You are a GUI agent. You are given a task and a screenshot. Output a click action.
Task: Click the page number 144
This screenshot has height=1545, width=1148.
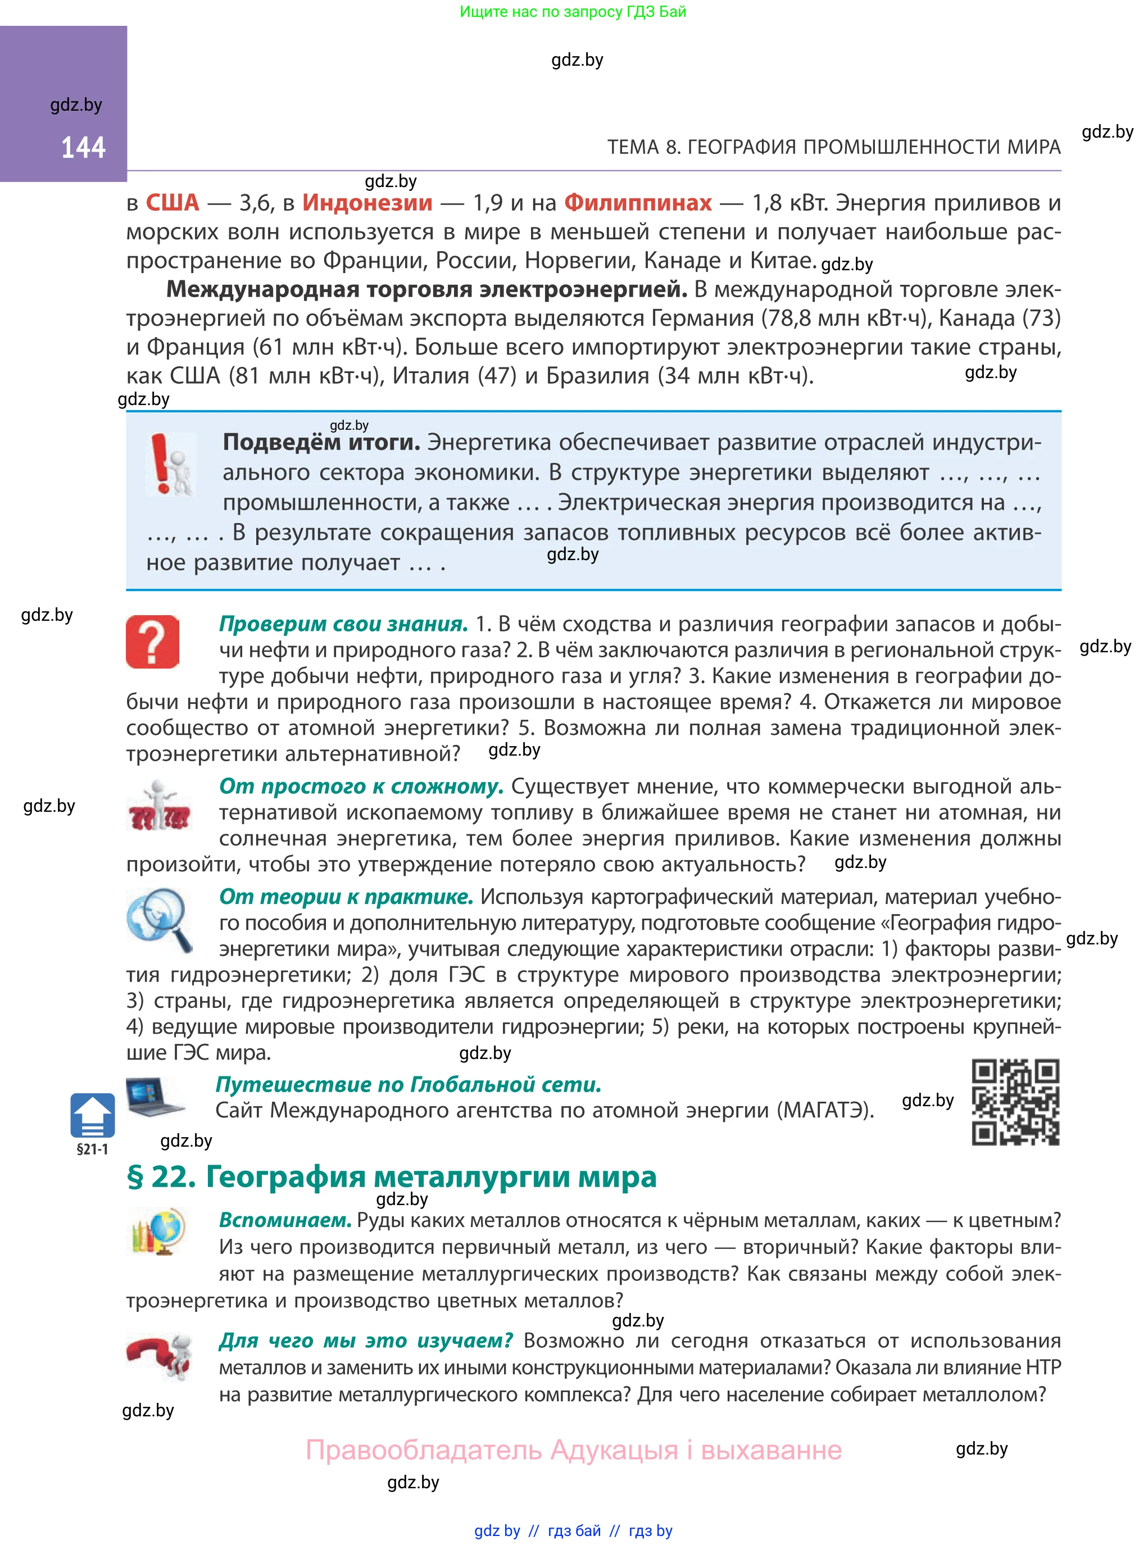83,148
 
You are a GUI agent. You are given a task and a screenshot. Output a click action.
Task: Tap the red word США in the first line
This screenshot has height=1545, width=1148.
173,203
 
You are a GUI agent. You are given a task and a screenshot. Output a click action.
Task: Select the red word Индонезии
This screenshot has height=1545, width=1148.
367,203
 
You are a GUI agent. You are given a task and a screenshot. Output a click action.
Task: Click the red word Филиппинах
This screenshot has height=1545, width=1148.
637,203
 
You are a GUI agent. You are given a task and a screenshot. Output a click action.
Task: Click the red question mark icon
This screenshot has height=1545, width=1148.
153,641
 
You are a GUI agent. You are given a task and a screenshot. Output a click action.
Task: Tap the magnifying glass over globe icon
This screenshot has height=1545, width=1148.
160,919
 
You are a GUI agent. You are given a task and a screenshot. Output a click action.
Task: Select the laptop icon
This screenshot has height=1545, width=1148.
155,1096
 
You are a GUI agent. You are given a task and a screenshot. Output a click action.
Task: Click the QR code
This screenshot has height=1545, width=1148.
1015,1102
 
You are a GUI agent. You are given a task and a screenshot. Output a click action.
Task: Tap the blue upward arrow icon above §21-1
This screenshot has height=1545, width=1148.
92,1115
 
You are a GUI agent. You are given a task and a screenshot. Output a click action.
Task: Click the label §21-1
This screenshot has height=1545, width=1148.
92,1149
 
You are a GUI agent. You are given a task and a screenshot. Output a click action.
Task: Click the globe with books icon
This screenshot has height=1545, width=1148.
158,1231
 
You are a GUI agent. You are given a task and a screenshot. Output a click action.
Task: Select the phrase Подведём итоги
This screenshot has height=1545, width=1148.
321,443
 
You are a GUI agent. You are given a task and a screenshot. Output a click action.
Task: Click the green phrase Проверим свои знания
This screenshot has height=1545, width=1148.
343,624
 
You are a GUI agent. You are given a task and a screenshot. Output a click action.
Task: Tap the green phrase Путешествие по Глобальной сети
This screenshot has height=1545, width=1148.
408,1084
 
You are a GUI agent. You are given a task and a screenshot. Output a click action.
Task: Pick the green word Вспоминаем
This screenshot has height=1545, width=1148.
285,1221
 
